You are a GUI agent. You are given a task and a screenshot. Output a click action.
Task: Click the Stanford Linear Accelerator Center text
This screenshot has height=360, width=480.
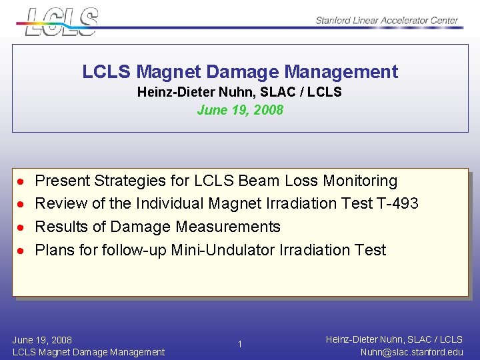(387, 20)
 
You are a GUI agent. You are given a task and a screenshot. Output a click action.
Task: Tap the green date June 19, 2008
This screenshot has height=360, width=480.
(240, 110)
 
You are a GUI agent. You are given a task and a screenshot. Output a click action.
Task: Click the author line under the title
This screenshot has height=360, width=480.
(239, 92)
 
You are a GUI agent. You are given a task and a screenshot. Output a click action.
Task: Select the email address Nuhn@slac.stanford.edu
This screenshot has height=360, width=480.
(411, 352)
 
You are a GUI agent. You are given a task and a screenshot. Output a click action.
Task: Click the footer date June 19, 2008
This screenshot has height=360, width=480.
(42, 339)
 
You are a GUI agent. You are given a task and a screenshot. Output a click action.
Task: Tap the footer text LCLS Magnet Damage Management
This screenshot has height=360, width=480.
(88, 352)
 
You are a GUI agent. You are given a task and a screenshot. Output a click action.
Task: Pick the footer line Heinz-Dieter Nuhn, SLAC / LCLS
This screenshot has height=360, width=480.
(394, 339)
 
